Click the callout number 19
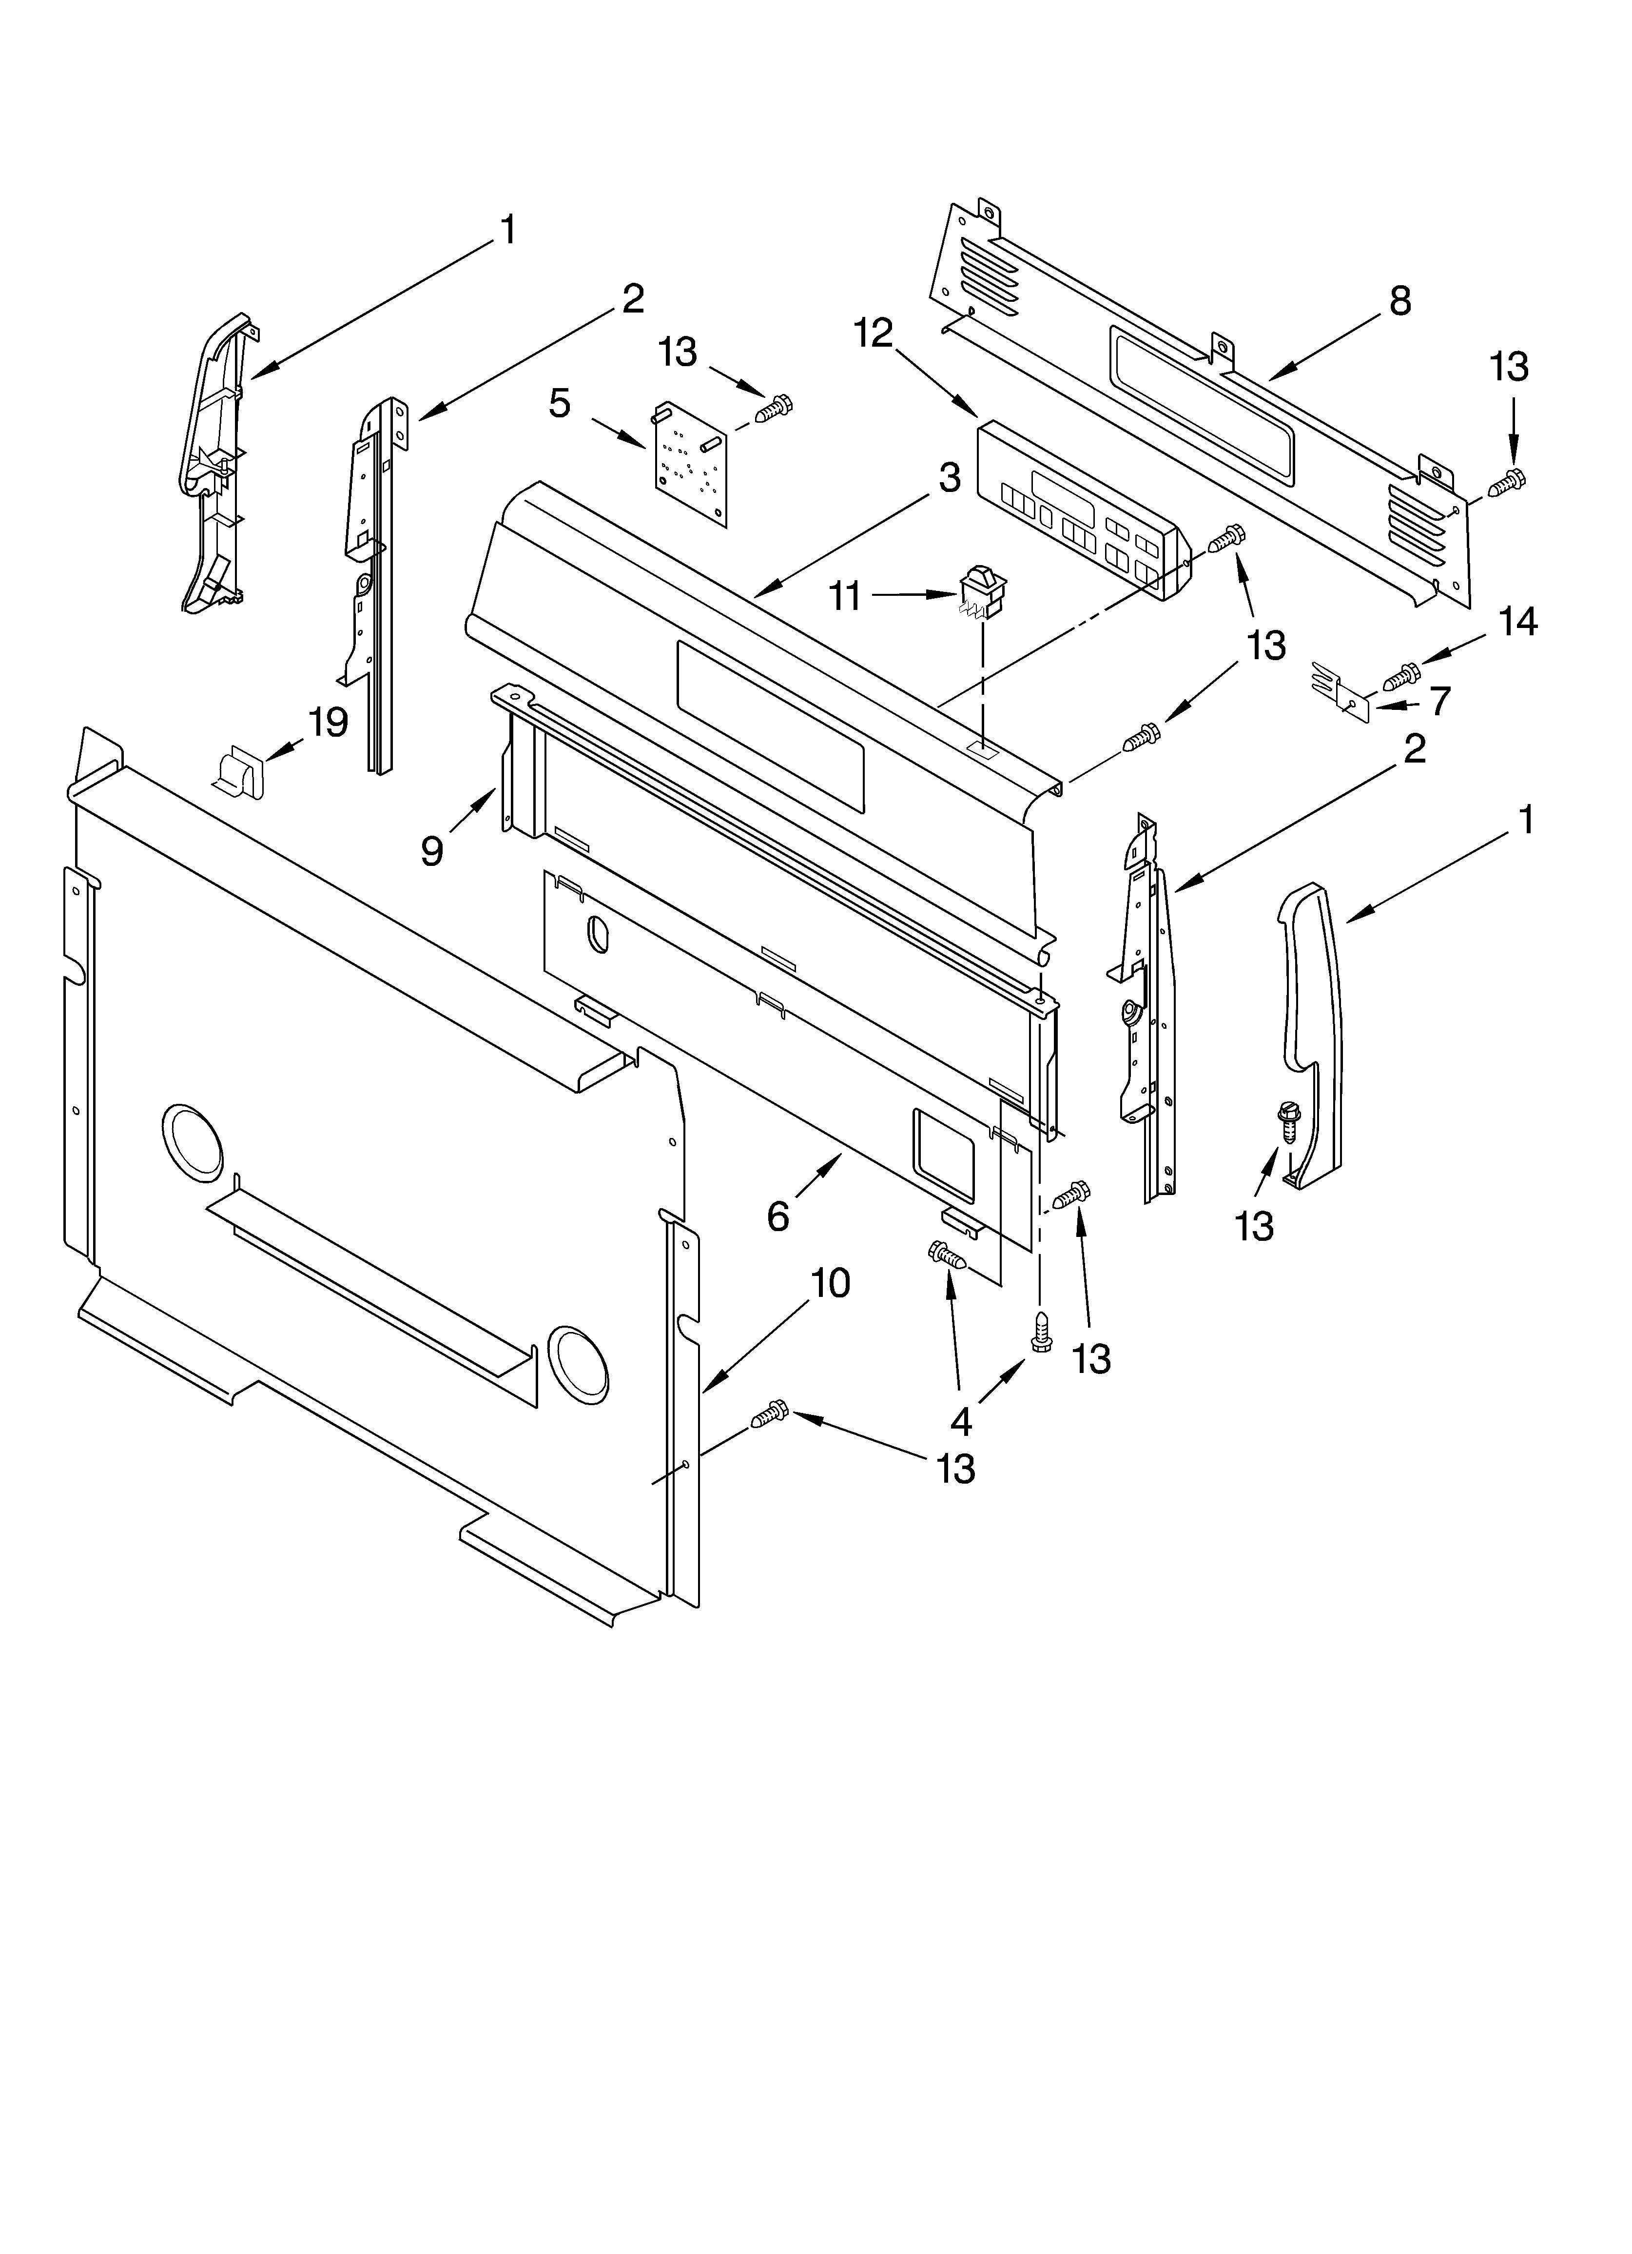(328, 723)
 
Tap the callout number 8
(1399, 300)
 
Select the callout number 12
(874, 333)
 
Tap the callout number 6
(778, 1215)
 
